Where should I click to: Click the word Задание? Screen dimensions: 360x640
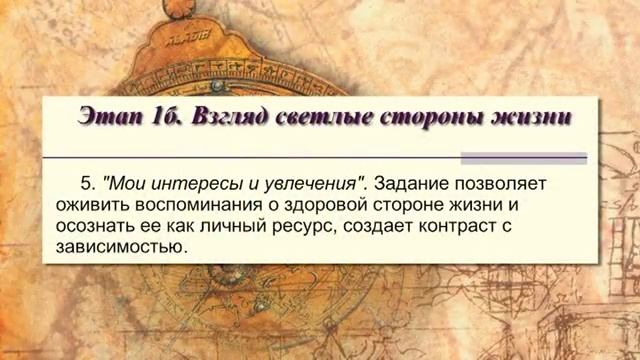412,184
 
